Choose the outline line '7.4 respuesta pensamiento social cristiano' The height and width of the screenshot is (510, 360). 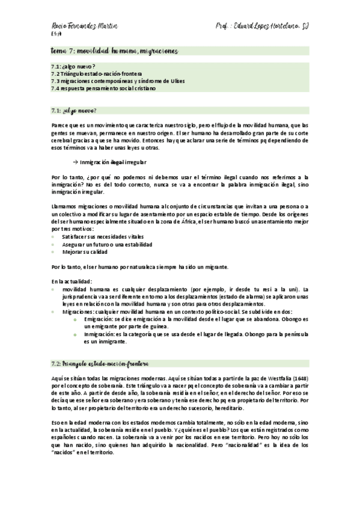click(x=103, y=88)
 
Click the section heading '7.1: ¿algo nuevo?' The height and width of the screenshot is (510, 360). click(x=74, y=110)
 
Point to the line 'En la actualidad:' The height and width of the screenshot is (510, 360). click(x=72, y=281)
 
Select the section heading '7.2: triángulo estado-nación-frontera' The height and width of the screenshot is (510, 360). click(x=100, y=363)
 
